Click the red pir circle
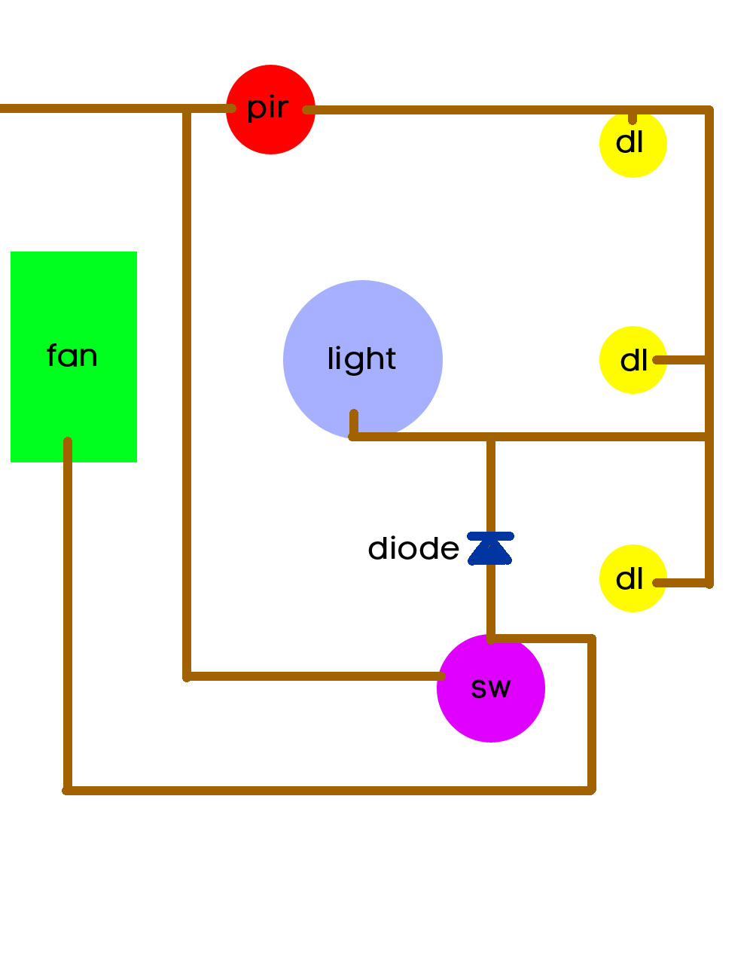tap(270, 110)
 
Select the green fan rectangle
tap(74, 356)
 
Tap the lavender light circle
tap(363, 359)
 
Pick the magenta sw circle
tap(491, 688)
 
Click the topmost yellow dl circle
tap(633, 144)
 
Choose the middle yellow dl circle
tap(633, 360)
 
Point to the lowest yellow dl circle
tap(633, 578)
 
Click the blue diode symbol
tap(490, 548)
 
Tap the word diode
tap(413, 549)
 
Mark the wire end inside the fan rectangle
tap(68, 441)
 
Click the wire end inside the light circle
tap(354, 413)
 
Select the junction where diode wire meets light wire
tap(491, 437)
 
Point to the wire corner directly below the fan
tap(68, 790)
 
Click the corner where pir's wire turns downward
tap(709, 111)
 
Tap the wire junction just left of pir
tap(187, 109)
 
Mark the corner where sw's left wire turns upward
tap(187, 676)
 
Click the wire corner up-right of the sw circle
tap(592, 639)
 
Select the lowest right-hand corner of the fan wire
tap(592, 790)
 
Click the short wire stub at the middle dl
tap(681, 360)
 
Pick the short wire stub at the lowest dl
tap(681, 583)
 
